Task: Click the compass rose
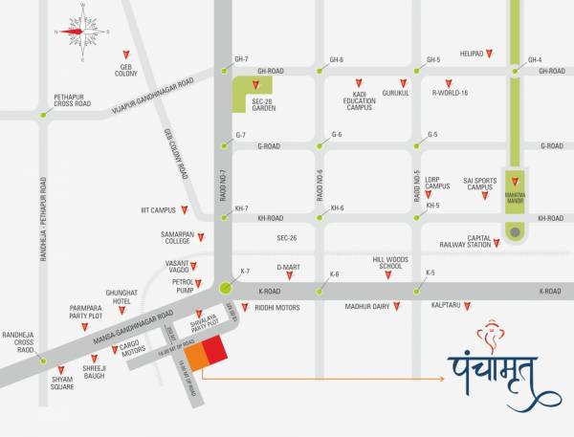point(83,32)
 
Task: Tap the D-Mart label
point(289,268)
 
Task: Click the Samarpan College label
point(177,238)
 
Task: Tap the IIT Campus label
point(158,210)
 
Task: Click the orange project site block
point(195,356)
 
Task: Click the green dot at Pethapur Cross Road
point(43,114)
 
